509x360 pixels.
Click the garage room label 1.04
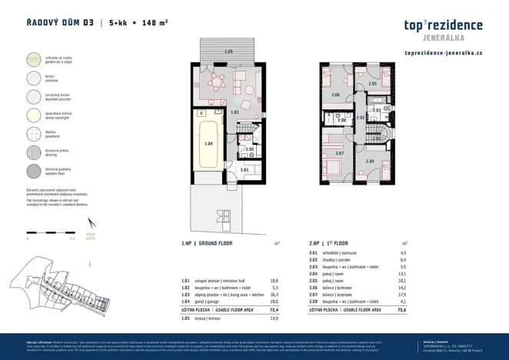tap(208, 144)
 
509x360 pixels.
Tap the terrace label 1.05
tap(228, 51)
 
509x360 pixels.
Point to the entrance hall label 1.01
tap(245, 169)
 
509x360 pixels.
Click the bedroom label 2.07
tap(341, 153)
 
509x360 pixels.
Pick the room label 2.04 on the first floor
tap(370, 161)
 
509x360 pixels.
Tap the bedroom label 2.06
tap(335, 95)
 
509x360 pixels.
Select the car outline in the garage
tap(208, 144)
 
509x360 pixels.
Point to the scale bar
tap(50, 235)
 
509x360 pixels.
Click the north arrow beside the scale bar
tap(91, 233)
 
